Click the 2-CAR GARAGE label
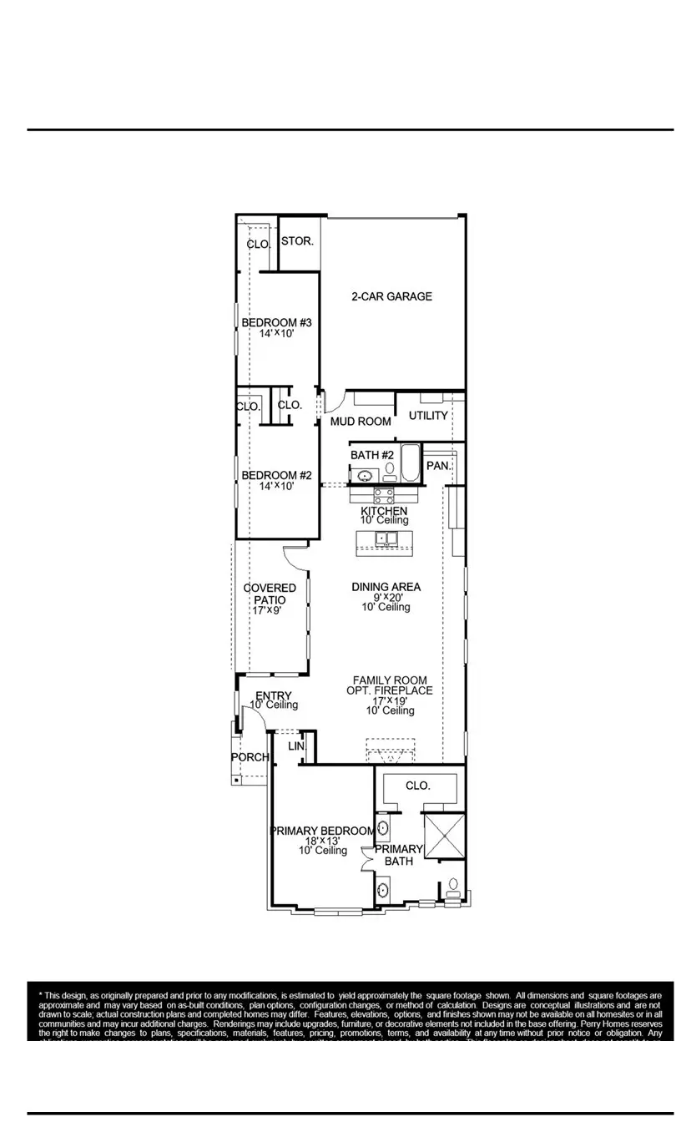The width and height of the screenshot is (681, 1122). click(391, 296)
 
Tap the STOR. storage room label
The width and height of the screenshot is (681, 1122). click(297, 241)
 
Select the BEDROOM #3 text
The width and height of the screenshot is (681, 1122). click(276, 323)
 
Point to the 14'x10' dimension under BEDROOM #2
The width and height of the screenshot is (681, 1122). click(276, 486)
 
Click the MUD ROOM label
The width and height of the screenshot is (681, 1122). click(361, 422)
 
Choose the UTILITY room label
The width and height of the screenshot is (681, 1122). click(428, 416)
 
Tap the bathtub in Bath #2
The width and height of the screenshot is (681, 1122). click(410, 464)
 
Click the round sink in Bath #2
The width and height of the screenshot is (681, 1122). click(365, 477)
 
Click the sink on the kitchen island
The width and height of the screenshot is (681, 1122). click(386, 538)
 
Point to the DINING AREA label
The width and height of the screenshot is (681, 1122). click(386, 588)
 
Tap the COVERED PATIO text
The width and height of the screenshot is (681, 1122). click(270, 594)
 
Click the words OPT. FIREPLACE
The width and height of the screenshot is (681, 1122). click(390, 690)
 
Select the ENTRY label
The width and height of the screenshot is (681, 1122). click(273, 696)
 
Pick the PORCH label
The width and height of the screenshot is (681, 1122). click(250, 757)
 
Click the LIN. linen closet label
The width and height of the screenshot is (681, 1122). click(296, 745)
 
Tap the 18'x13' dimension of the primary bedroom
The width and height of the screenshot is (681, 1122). click(322, 841)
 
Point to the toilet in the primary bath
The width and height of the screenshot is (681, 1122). click(454, 886)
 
